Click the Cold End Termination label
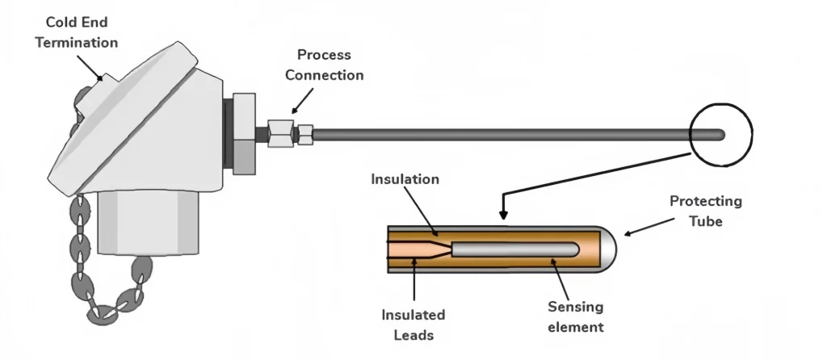pos(76,32)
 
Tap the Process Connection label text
pos(330,65)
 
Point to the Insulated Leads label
pos(412,322)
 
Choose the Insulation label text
pos(405,179)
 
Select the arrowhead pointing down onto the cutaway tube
pos(503,216)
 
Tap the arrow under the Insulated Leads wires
pos(413,278)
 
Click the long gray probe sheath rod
pos(501,134)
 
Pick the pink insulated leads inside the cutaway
pos(412,249)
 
